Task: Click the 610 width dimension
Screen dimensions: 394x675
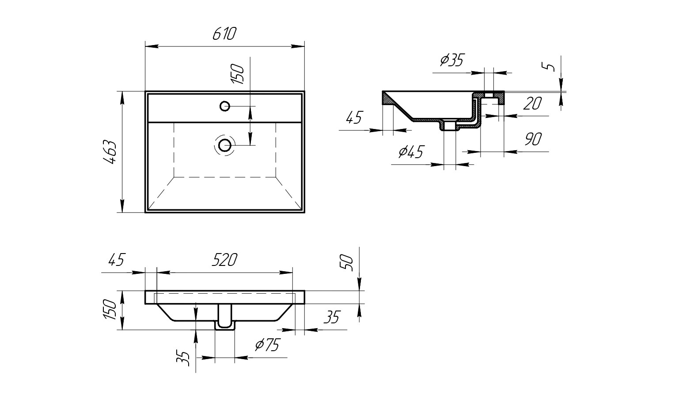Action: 224,34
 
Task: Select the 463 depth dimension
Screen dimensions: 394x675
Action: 110,153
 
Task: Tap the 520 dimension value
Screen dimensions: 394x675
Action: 224,260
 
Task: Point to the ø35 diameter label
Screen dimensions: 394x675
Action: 452,60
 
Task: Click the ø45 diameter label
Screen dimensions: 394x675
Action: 410,152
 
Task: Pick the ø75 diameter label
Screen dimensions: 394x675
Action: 268,345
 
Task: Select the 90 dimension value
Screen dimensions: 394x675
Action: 533,140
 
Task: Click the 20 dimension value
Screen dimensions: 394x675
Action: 532,104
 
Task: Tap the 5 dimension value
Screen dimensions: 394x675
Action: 550,67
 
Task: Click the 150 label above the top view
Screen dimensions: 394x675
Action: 237,74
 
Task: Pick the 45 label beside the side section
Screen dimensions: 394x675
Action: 353,118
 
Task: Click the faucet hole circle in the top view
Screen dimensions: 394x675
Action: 225,106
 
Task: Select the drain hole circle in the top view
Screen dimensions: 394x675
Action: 225,145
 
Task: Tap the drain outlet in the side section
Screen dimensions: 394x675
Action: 449,126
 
